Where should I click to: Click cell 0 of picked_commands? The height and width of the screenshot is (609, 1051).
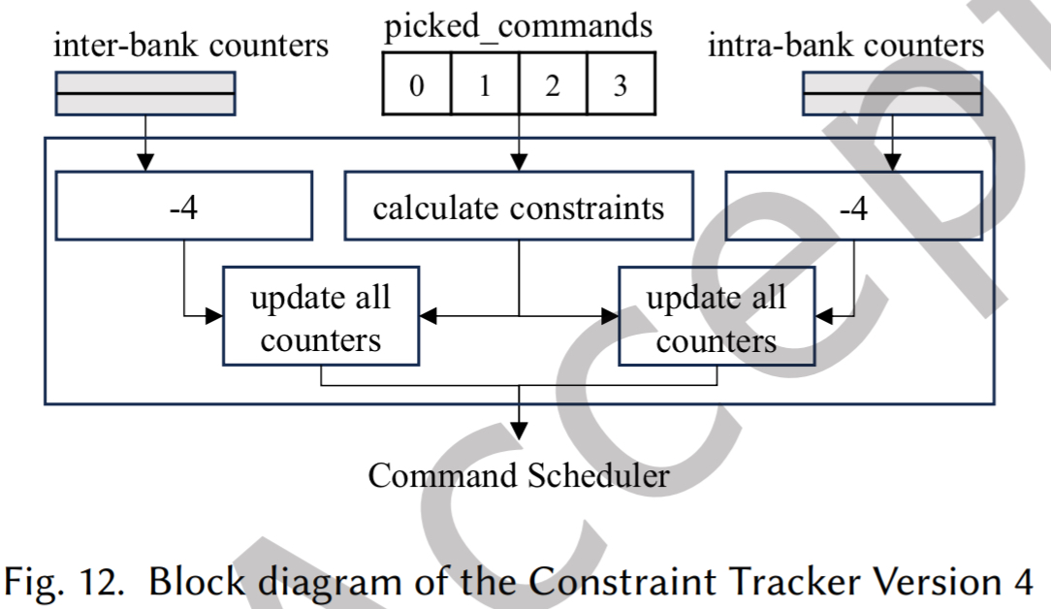[x=417, y=85]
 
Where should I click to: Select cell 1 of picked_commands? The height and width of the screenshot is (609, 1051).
[x=484, y=85]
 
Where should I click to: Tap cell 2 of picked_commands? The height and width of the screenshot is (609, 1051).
[x=552, y=85]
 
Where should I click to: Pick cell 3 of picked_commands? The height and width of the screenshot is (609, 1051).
[x=620, y=85]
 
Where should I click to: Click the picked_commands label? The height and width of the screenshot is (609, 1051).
[x=518, y=26]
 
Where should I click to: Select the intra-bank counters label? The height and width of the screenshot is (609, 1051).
[x=845, y=45]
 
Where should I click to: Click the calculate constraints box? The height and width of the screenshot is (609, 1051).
[x=519, y=206]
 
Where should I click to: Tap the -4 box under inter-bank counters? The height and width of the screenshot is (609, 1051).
[x=184, y=206]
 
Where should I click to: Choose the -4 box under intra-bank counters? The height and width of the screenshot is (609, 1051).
[x=853, y=206]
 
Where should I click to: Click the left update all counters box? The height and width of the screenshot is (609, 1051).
[x=321, y=316]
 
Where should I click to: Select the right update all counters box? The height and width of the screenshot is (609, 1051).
[x=717, y=316]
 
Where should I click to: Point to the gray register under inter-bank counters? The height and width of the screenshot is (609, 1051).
[x=145, y=93]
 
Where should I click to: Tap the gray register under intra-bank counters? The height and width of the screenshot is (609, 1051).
[x=892, y=93]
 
